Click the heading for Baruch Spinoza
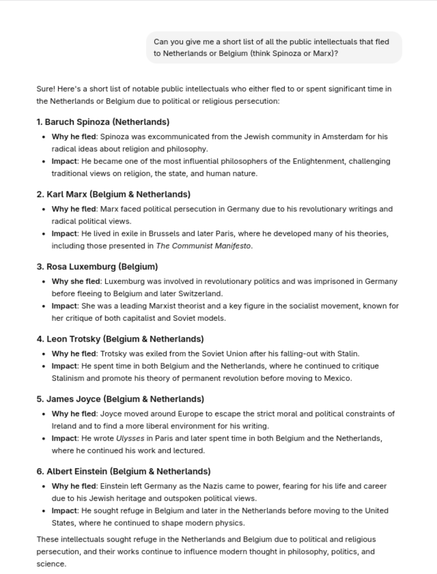point(103,122)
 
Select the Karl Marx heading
point(113,194)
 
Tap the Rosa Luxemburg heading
point(97,267)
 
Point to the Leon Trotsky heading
point(120,339)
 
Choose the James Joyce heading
point(120,399)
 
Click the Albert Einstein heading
point(123,471)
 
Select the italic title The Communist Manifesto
point(203,246)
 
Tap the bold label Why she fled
point(76,281)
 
